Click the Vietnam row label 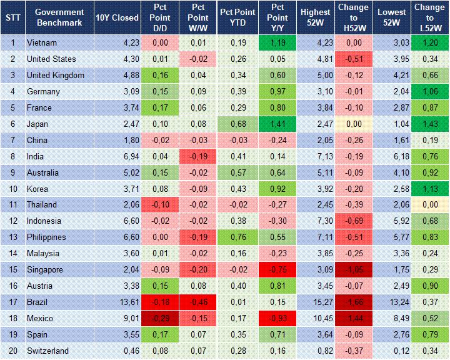coord(42,43)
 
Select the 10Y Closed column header coord(117,17)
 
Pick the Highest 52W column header coord(315,17)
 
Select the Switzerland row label coord(47,351)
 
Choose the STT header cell coord(12,17)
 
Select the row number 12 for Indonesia coord(12,221)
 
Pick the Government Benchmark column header coord(59,17)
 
